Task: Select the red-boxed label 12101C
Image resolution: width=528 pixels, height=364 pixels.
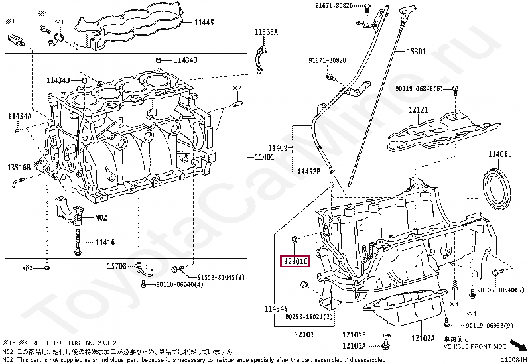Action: (x=294, y=262)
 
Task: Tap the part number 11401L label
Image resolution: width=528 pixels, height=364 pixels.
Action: (x=500, y=154)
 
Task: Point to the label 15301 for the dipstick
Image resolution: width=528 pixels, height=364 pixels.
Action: (x=416, y=51)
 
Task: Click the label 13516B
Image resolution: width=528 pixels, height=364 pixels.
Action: (x=19, y=168)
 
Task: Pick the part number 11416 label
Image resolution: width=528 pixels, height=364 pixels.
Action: (x=105, y=243)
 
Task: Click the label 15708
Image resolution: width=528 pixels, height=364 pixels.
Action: (x=117, y=266)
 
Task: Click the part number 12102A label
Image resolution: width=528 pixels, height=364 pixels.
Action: (x=423, y=339)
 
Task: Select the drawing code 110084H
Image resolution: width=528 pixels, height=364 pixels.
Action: (x=513, y=359)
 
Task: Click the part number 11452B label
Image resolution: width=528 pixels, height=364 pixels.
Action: (x=308, y=171)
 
